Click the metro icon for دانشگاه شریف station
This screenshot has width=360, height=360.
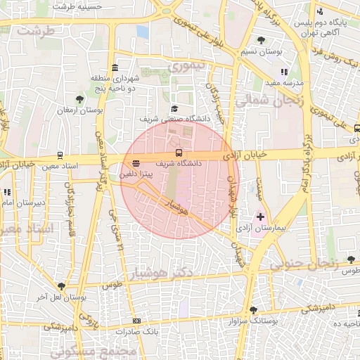tap(179, 153)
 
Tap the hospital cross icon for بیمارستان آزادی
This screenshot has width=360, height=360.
tap(261, 217)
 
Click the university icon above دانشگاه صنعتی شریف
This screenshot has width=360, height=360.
tap(174, 108)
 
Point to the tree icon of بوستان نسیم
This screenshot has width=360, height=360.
tap(262, 40)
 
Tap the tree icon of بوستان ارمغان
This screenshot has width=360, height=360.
tap(79, 100)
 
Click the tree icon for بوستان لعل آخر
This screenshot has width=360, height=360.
tap(62, 286)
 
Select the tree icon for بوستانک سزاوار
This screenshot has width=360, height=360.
tap(253, 310)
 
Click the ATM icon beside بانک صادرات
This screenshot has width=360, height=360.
tap(136, 321)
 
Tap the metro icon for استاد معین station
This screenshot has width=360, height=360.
tap(60, 155)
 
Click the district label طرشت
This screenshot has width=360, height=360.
tap(35, 32)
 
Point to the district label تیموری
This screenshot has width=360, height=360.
tap(188, 67)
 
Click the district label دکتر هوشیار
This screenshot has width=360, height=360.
tap(165, 271)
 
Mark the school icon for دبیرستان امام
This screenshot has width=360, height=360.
tap(7, 192)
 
